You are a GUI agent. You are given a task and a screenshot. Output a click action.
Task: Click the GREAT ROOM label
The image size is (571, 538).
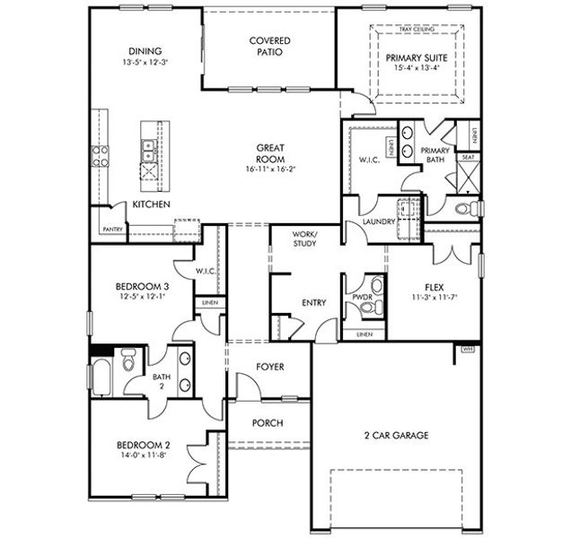[x=270, y=153]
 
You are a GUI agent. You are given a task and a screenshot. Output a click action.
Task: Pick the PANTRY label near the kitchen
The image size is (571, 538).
[x=112, y=229]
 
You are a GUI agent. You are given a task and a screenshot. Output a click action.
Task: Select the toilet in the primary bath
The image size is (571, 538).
[x=464, y=209]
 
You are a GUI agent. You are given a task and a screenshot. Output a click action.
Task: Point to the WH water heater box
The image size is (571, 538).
[x=467, y=348]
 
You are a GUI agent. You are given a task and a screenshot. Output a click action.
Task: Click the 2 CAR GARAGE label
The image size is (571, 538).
[x=396, y=436]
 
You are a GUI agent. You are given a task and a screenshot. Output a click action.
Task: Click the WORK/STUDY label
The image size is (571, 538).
[x=305, y=238]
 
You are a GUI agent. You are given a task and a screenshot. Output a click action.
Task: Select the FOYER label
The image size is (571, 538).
[x=270, y=366]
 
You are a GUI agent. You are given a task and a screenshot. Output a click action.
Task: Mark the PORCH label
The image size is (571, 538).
[x=268, y=423]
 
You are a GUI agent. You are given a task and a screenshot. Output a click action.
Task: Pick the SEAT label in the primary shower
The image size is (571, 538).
[x=468, y=156]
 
